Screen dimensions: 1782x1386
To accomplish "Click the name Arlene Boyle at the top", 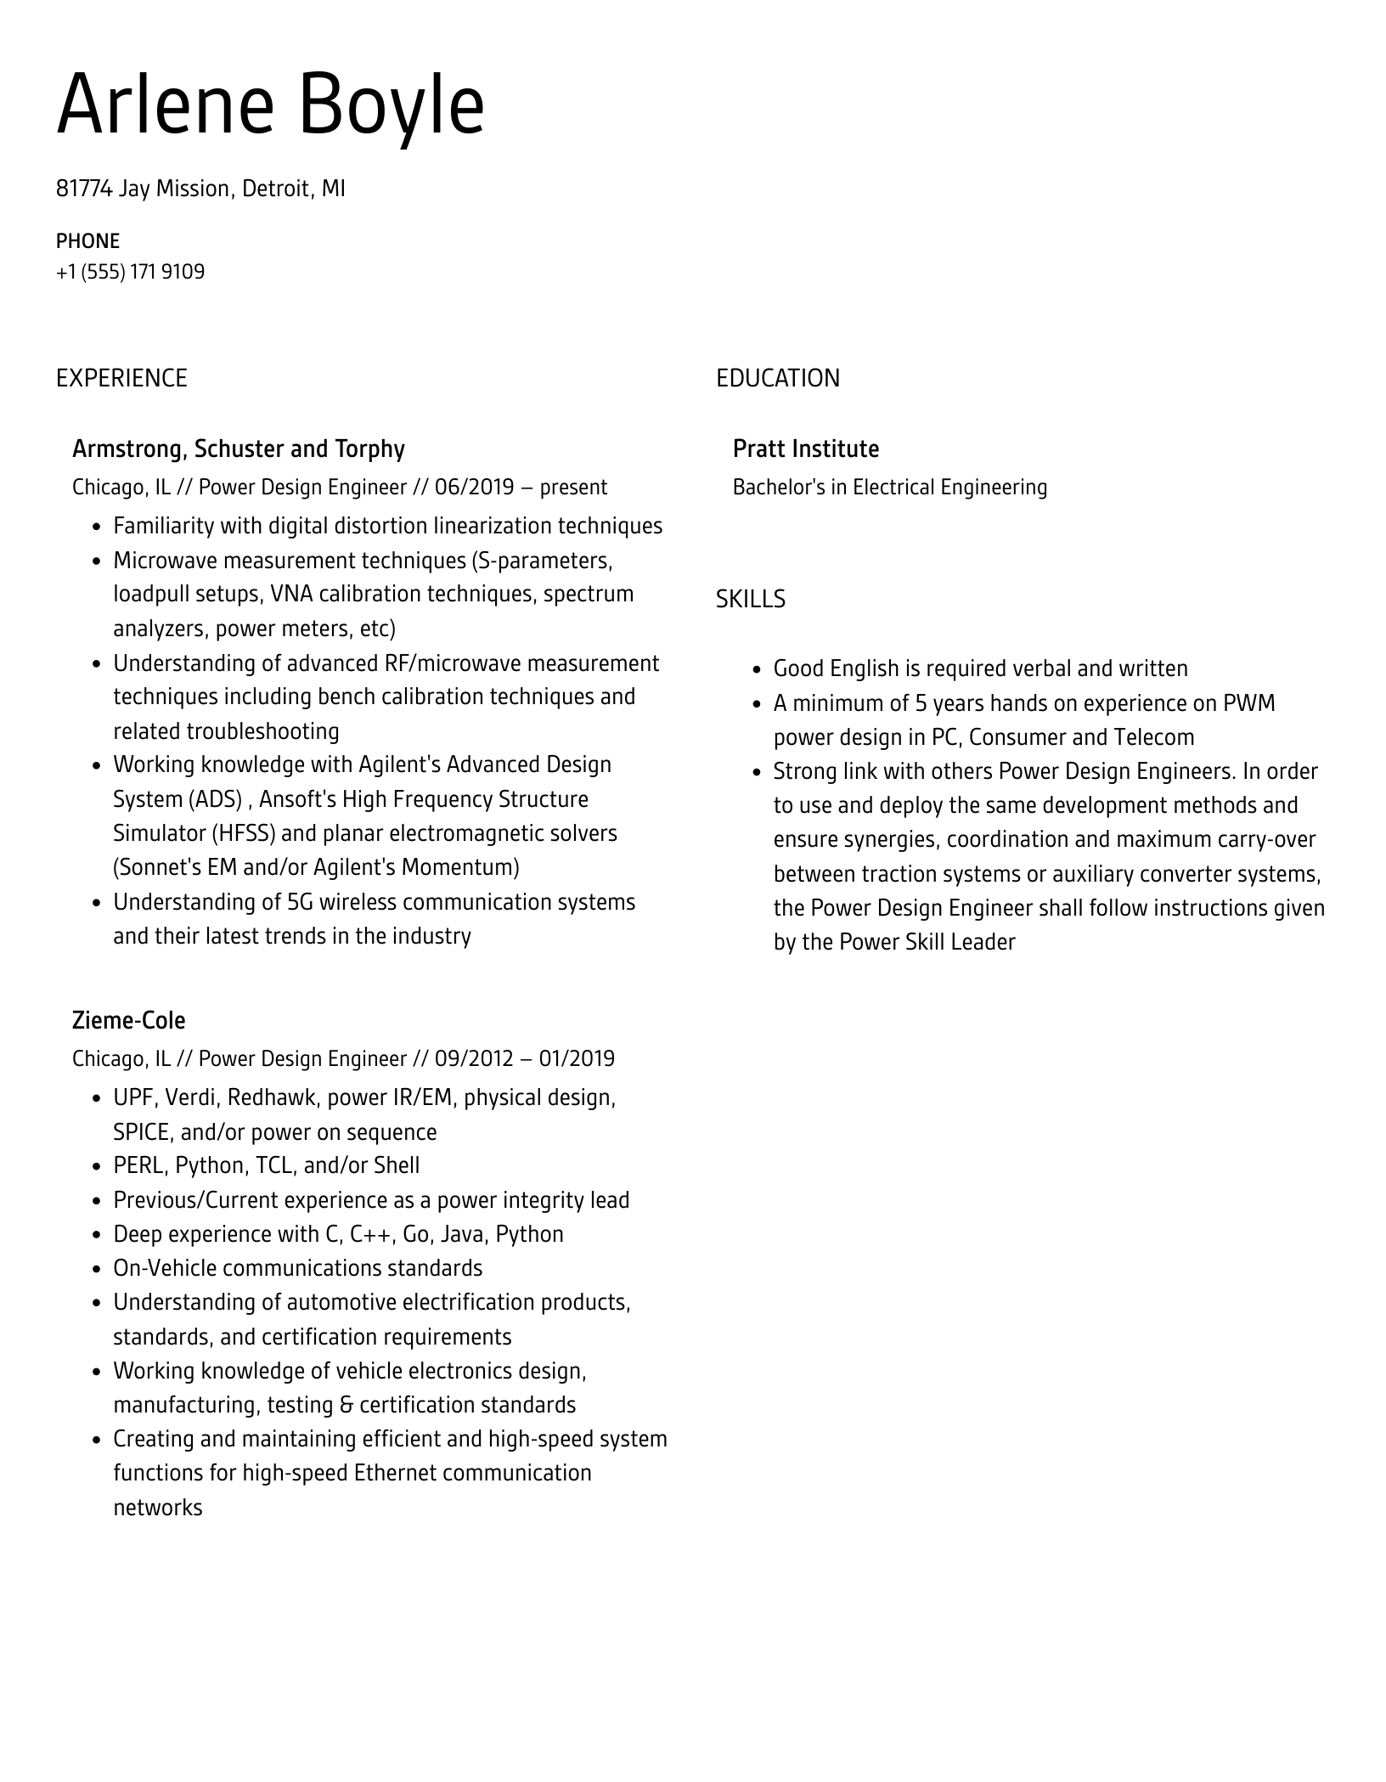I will (x=270, y=106).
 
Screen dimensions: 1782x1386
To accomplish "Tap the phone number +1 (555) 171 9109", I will (x=130, y=272).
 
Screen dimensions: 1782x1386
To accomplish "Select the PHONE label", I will (x=87, y=241).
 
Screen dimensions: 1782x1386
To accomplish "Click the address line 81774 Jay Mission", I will (x=200, y=189).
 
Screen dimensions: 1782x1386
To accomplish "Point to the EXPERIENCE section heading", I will (x=121, y=378).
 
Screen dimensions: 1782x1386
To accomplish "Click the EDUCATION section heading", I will (x=777, y=378).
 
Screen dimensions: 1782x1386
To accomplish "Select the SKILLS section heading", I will (x=750, y=600).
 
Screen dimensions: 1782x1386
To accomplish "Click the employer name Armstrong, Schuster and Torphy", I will (x=238, y=448).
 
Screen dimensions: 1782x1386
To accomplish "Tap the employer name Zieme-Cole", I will (x=128, y=1020).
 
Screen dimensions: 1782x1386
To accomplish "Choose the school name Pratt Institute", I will (x=805, y=448).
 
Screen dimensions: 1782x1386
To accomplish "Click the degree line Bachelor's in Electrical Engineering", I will (x=889, y=488).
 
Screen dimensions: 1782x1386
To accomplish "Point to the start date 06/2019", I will (x=474, y=488).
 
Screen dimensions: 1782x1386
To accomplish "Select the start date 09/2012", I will (x=474, y=1059).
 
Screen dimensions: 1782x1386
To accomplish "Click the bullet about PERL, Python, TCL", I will (x=266, y=1165).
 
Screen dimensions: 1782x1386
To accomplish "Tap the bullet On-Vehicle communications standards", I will (x=297, y=1268).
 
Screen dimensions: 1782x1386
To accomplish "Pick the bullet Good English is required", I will (x=980, y=668).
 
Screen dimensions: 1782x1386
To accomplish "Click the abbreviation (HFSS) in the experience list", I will (x=244, y=833).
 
